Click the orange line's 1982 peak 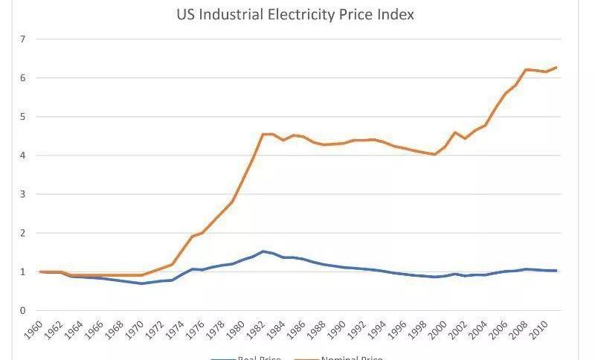[x=263, y=134]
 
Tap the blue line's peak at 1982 [x=263, y=251]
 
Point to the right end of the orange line [x=556, y=68]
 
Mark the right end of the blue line [x=556, y=271]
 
